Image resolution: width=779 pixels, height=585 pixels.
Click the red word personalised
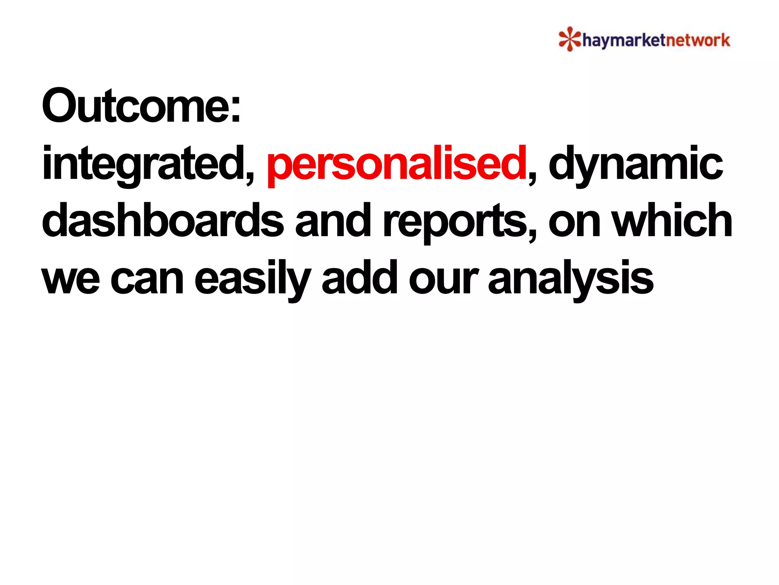[x=396, y=165]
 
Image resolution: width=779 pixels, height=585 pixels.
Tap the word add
[x=359, y=278]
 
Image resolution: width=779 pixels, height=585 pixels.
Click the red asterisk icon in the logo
[x=569, y=39]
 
